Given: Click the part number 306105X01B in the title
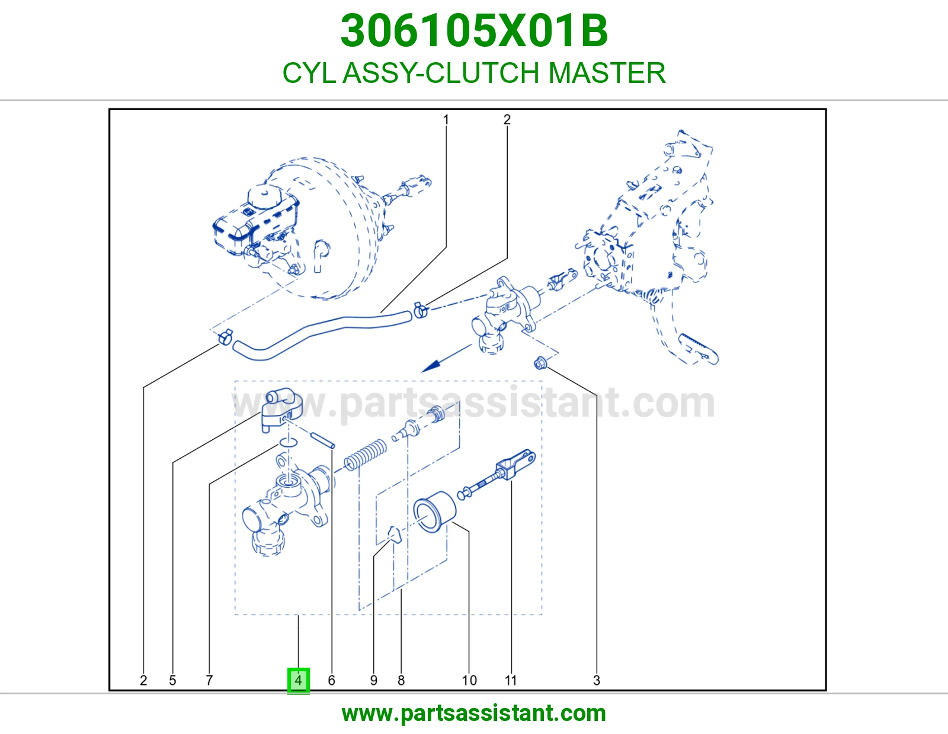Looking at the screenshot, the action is click(x=474, y=31).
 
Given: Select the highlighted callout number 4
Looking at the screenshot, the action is click(x=299, y=680).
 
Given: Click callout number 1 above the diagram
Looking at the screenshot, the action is click(x=446, y=120).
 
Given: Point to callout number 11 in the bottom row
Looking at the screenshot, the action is click(x=511, y=680).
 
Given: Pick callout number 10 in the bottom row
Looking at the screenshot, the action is click(x=469, y=680).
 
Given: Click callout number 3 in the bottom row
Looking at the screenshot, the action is click(x=597, y=680).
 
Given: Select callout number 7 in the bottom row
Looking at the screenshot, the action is click(x=209, y=680).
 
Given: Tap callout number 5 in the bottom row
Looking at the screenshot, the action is click(x=173, y=680).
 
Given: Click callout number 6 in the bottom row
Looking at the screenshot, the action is click(x=332, y=680).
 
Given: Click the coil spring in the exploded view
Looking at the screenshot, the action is click(x=365, y=455).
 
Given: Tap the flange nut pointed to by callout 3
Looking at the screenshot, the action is click(x=540, y=363).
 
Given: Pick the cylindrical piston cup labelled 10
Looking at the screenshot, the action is click(x=434, y=511).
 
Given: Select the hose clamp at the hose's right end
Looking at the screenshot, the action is click(x=421, y=310).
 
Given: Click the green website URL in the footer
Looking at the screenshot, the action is click(x=474, y=713).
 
